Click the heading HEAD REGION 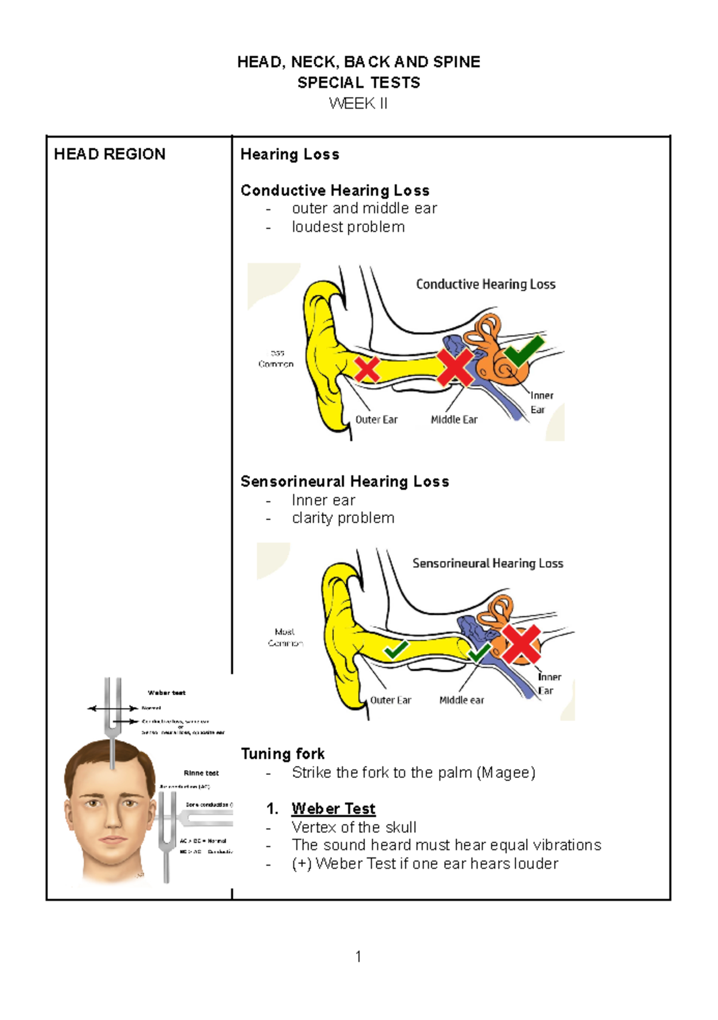click(x=109, y=154)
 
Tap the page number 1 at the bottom click(x=358, y=957)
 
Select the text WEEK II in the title click(x=358, y=103)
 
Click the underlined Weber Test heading click(x=333, y=808)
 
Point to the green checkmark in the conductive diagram click(x=524, y=350)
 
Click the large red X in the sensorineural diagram click(x=521, y=644)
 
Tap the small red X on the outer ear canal click(x=367, y=369)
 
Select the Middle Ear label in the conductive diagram click(x=454, y=420)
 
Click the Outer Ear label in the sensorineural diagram click(x=391, y=700)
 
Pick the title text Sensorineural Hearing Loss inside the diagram click(x=488, y=563)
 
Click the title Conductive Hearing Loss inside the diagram click(x=486, y=284)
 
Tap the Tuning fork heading click(x=282, y=753)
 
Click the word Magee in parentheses click(x=506, y=772)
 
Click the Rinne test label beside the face click(x=201, y=773)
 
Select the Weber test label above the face click(x=166, y=693)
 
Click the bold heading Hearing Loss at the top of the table click(x=290, y=154)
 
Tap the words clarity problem click(x=343, y=518)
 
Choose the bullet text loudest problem click(x=348, y=227)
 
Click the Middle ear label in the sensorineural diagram click(x=461, y=700)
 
